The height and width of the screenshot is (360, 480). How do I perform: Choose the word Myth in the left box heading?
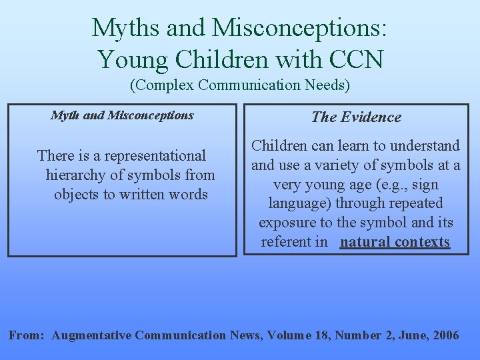65,115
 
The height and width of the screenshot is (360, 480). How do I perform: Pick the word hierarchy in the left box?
73,175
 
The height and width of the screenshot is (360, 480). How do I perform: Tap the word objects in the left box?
76,195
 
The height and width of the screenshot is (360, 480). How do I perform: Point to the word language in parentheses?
296,203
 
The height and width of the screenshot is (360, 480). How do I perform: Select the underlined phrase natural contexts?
395,242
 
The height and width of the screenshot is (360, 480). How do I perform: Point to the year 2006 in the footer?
445,335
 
